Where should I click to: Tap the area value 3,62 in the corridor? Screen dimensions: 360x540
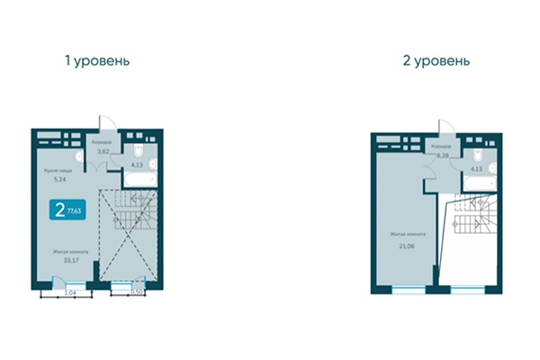pyautogui.click(x=103, y=152)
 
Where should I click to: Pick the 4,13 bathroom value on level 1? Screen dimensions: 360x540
pyautogui.click(x=139, y=166)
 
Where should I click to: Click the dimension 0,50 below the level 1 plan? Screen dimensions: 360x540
pyautogui.click(x=137, y=292)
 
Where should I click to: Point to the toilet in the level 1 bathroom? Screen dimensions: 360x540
pyautogui.click(x=138, y=148)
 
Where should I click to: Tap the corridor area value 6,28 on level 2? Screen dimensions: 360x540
pyautogui.click(x=443, y=155)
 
